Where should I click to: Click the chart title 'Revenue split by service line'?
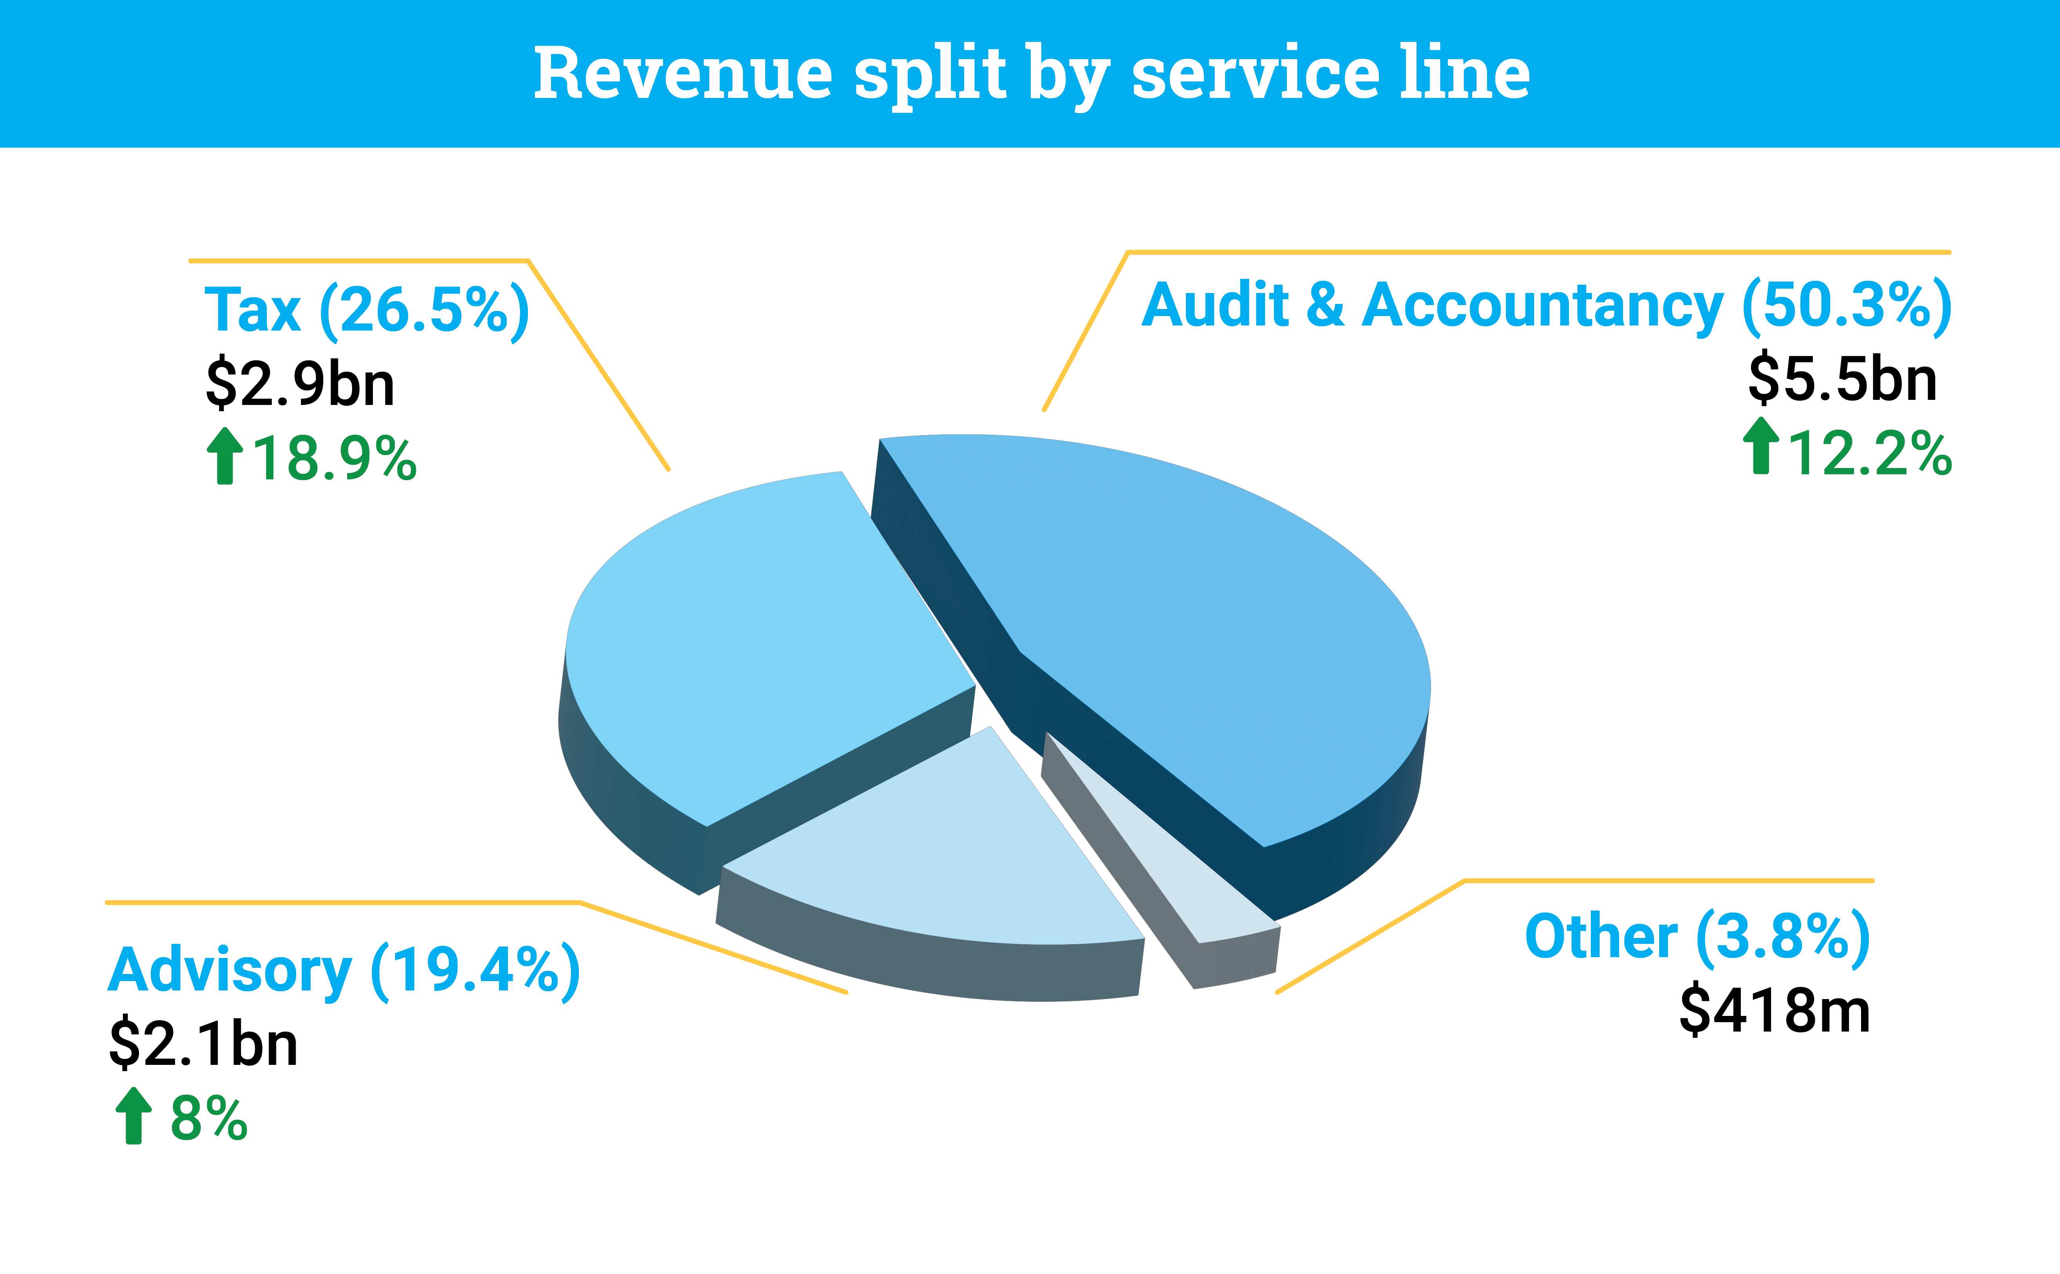[x=1031, y=74]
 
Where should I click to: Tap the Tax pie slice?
[x=758, y=640]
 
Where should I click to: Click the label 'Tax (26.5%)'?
[x=367, y=310]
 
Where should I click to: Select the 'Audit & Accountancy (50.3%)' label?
[x=1546, y=305]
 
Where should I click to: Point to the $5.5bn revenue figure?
[x=1843, y=379]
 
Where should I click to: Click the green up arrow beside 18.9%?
[x=224, y=456]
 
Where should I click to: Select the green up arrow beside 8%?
[x=133, y=1116]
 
